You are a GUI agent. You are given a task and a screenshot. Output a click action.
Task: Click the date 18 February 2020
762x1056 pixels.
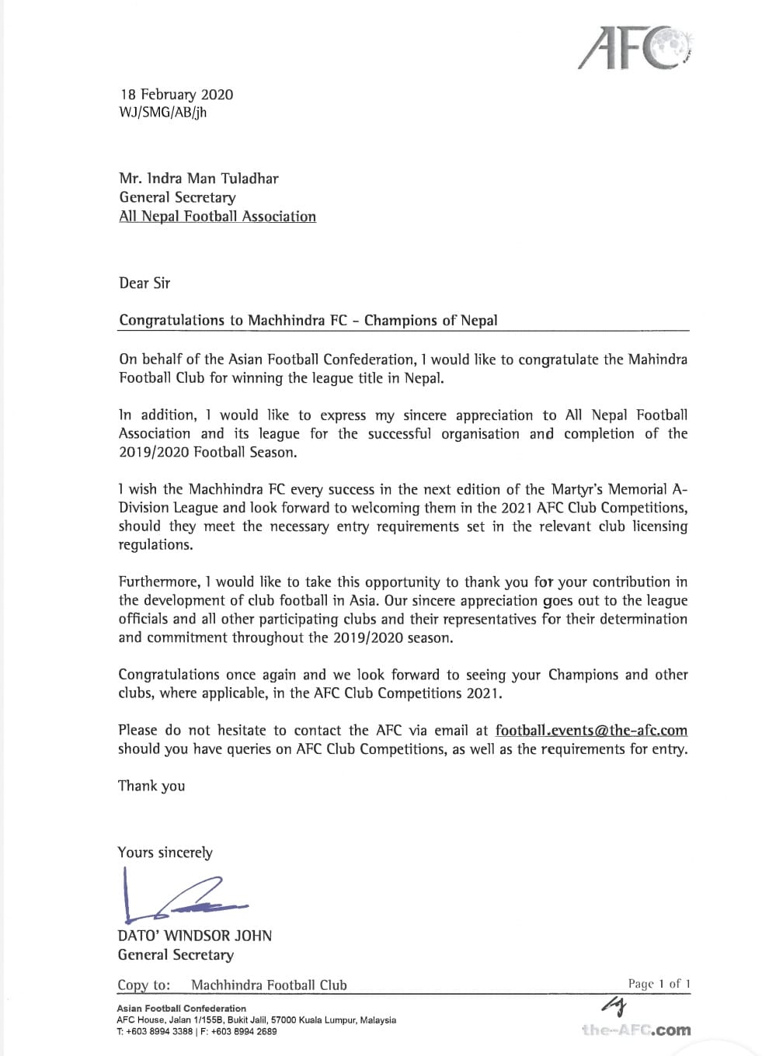(x=176, y=95)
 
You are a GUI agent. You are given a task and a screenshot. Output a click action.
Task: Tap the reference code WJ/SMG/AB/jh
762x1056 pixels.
(x=162, y=113)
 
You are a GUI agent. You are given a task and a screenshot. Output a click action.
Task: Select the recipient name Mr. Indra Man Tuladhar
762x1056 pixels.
(x=198, y=179)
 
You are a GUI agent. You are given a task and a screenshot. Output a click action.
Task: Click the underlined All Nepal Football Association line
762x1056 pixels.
(x=217, y=217)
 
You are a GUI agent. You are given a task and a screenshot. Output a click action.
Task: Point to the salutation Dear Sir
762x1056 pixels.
(x=144, y=283)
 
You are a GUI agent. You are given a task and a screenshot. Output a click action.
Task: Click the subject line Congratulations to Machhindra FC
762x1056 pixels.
(x=308, y=321)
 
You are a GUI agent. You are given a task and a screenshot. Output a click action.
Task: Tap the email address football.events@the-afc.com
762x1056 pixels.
(x=591, y=731)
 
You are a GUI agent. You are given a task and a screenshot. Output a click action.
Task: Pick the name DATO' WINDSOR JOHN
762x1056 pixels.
(x=195, y=936)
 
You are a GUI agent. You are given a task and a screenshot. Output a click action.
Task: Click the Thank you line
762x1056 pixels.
(x=151, y=786)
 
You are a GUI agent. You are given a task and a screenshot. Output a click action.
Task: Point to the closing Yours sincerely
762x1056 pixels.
(x=165, y=853)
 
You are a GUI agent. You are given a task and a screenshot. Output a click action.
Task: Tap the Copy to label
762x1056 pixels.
(x=144, y=985)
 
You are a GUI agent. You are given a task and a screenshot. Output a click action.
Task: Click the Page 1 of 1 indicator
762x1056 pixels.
(x=659, y=984)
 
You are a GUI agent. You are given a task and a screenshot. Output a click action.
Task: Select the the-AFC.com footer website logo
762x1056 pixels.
(x=635, y=1030)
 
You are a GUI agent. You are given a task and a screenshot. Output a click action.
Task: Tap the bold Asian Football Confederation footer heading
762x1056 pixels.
(x=181, y=1009)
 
